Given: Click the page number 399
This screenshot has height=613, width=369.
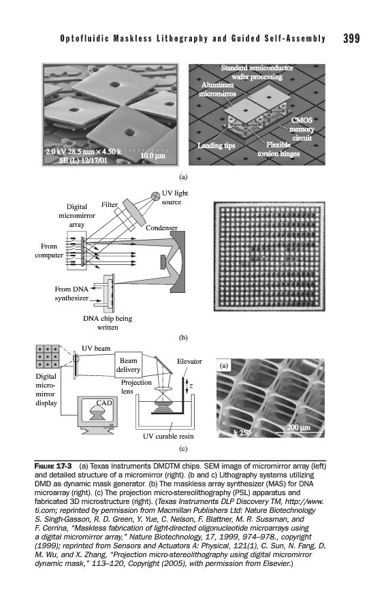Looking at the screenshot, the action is [351, 38].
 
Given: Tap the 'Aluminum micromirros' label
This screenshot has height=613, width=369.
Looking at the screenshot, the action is [217, 89].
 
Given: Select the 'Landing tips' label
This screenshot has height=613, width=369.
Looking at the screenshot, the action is [216, 146].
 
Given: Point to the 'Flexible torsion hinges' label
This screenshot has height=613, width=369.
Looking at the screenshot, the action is [278, 149].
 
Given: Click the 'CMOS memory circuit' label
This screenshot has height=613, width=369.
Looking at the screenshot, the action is [302, 129].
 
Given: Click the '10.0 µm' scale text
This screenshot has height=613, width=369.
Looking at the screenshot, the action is [153, 155].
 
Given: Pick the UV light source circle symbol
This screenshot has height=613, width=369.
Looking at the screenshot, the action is [155, 194].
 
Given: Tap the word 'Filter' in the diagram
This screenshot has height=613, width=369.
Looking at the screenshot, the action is [110, 205].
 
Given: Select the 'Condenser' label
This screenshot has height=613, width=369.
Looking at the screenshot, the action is [161, 227].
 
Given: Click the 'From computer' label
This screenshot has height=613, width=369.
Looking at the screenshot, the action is [49, 251].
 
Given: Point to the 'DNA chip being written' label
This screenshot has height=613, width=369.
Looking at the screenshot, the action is [108, 323].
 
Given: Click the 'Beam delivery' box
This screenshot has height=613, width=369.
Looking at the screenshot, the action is [128, 365].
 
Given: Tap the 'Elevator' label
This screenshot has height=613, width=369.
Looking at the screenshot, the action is [189, 361].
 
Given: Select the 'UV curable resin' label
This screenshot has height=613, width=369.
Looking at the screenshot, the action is [168, 436].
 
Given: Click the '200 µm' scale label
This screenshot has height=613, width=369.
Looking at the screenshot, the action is [299, 427].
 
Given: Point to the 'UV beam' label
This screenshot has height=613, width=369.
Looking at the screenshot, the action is [96, 348].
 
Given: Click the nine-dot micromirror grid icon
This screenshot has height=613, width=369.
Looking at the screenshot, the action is [47, 356].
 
